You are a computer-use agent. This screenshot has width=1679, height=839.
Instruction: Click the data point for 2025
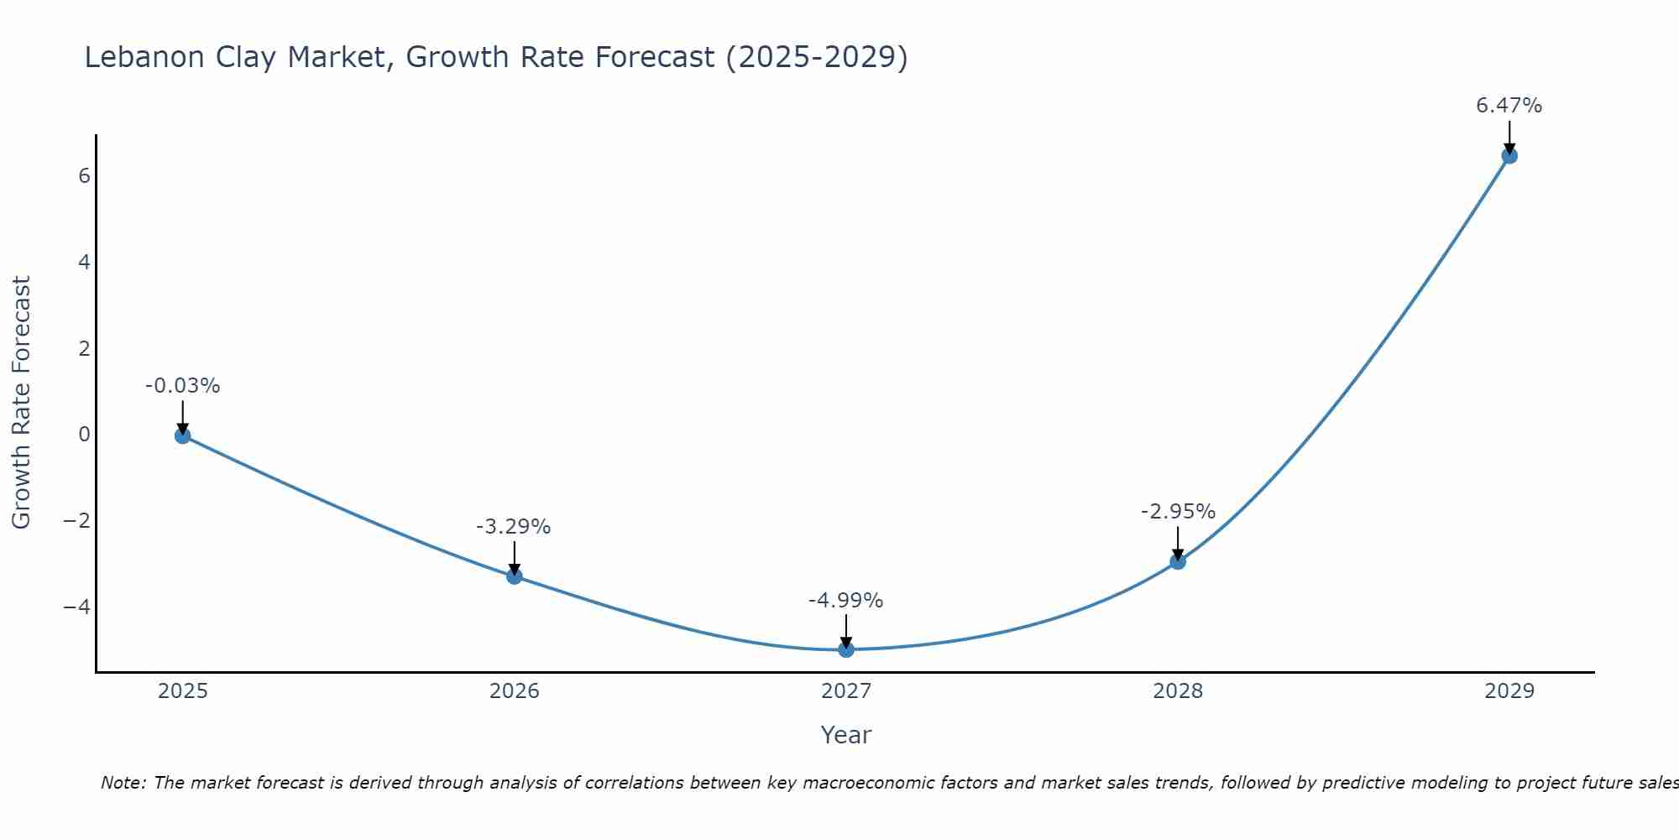[182, 435]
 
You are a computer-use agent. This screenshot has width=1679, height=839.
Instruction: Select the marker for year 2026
[514, 576]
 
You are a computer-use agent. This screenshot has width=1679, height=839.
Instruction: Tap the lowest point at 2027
[845, 649]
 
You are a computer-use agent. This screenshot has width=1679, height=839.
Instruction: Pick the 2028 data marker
[1177, 561]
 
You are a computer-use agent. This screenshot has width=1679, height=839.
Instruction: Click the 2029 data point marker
[1509, 155]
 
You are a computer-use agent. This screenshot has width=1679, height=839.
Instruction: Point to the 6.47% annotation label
[1509, 106]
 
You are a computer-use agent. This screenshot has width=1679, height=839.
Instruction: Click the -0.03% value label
[182, 386]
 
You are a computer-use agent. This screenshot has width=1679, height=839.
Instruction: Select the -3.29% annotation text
[513, 527]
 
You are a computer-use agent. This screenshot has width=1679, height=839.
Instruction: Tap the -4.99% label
[845, 601]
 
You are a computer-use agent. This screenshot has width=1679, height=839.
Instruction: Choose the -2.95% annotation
[1177, 512]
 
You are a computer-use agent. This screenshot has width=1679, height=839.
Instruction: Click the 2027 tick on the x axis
[845, 691]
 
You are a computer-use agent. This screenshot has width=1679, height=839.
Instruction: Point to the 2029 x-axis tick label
[1509, 691]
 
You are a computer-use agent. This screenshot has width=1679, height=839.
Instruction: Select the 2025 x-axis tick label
[182, 691]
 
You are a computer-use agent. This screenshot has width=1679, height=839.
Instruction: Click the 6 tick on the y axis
[84, 176]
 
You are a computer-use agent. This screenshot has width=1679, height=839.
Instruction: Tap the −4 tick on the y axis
[77, 607]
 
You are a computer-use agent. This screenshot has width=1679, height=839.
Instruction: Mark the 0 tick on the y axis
[84, 435]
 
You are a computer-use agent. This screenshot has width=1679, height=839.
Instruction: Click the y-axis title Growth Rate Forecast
[21, 403]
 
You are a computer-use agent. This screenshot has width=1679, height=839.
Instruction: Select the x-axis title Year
[845, 735]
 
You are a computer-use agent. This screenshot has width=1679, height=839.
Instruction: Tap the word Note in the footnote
[123, 783]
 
